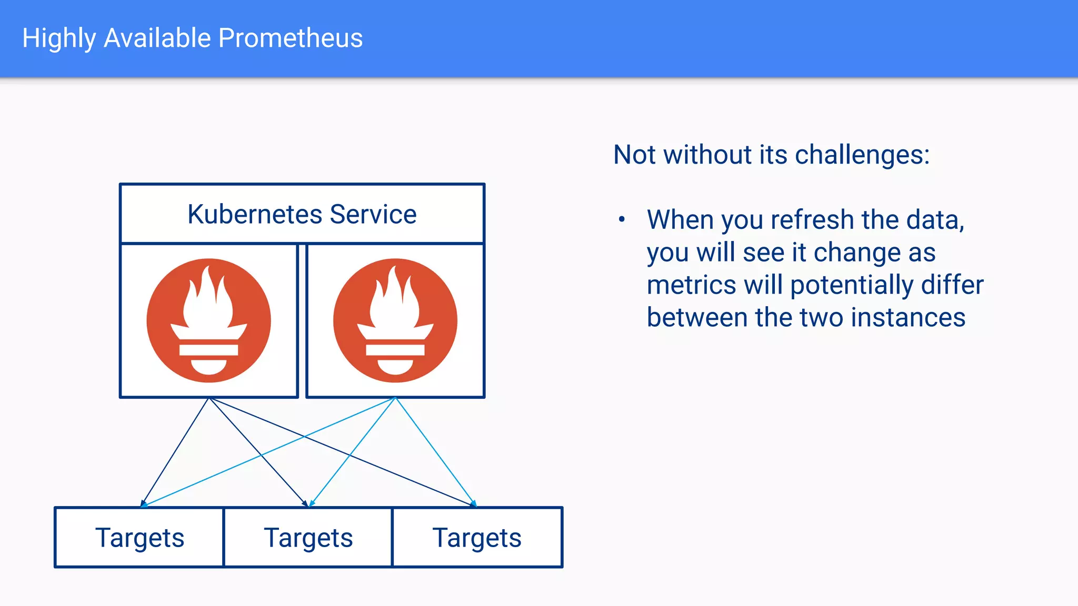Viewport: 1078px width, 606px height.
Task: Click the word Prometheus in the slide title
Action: pyautogui.click(x=290, y=38)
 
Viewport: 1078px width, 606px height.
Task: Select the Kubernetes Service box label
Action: pyautogui.click(x=302, y=214)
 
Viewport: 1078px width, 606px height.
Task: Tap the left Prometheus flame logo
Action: pyautogui.click(x=209, y=320)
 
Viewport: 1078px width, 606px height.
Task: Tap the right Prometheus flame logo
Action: pyautogui.click(x=395, y=320)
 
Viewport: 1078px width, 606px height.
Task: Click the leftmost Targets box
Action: pyautogui.click(x=139, y=538)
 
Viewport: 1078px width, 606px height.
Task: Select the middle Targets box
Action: pyautogui.click(x=308, y=538)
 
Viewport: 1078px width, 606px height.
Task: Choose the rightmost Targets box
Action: pyautogui.click(x=477, y=538)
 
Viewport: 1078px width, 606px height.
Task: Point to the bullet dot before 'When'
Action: pyautogui.click(x=622, y=219)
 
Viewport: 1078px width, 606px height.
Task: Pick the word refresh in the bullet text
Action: pyautogui.click(x=813, y=220)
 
